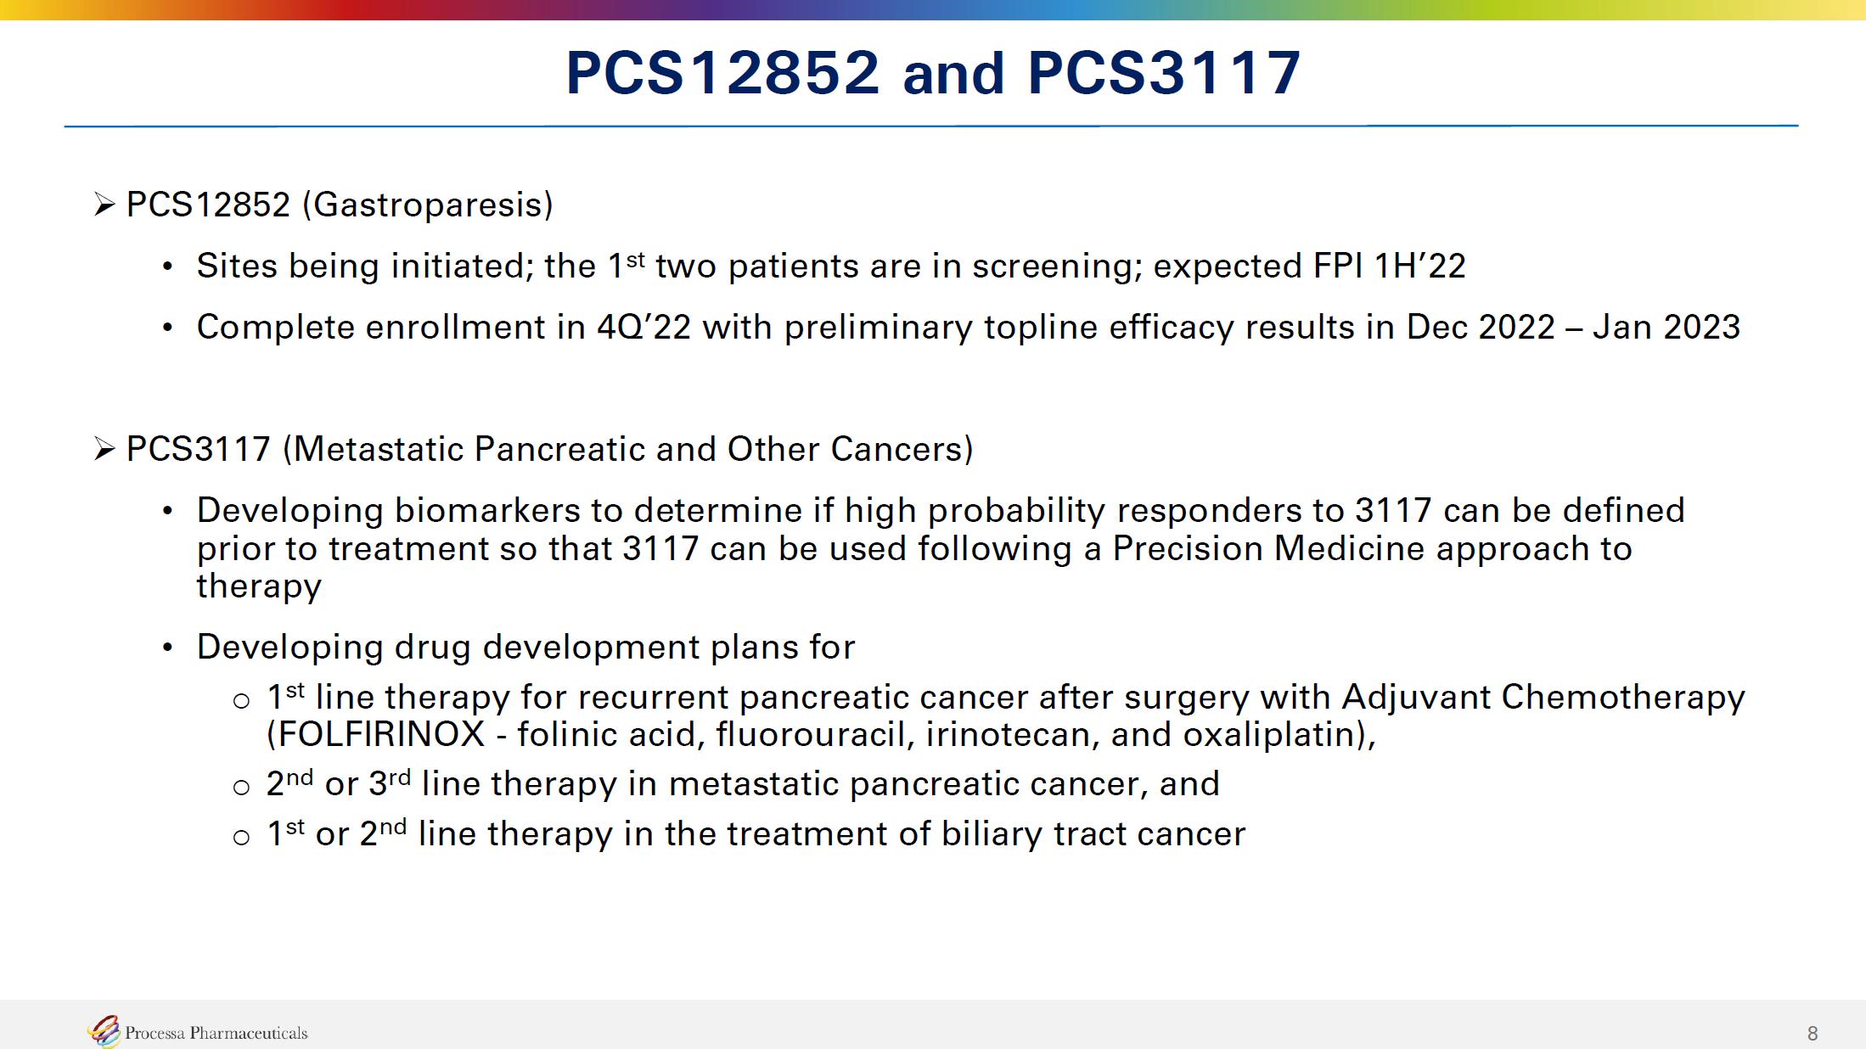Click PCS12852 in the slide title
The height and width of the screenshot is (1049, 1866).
[722, 72]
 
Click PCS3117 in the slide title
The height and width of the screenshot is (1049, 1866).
[1164, 72]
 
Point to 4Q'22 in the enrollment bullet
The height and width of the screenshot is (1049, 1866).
[644, 328]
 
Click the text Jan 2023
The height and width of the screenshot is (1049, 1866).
[1666, 328]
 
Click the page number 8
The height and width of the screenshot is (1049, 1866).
[1813, 1033]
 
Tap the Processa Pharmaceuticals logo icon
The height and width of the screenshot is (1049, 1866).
[104, 1031]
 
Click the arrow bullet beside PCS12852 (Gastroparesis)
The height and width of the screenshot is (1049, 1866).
[104, 205]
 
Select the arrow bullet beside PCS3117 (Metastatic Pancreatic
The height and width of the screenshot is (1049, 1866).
[104, 449]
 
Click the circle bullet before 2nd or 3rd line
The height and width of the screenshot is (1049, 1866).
[241, 787]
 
